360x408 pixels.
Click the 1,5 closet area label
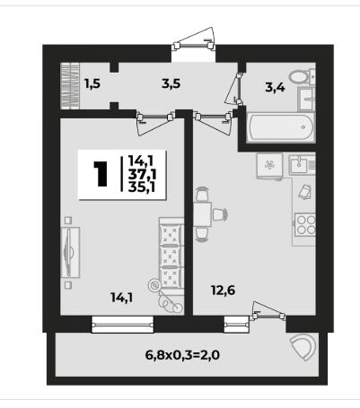click(x=92, y=84)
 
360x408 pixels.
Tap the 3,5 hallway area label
click(x=171, y=84)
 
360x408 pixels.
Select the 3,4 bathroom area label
click(x=275, y=88)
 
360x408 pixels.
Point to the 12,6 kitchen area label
click(x=223, y=290)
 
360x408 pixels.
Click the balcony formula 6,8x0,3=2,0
click(x=182, y=355)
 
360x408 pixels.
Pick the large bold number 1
click(x=101, y=174)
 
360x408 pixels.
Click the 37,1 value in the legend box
click(x=142, y=174)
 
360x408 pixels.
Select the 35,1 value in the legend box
click(x=142, y=187)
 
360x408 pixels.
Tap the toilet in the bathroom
click(x=303, y=76)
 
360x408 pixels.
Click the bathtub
click(x=280, y=127)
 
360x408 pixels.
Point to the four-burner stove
click(x=305, y=225)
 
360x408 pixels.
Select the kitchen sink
click(x=302, y=164)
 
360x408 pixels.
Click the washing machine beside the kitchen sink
click(x=269, y=165)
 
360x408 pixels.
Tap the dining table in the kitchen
click(x=203, y=214)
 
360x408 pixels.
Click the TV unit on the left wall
click(x=70, y=253)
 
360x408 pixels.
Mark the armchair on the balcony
click(x=303, y=347)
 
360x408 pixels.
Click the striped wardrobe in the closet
click(x=70, y=86)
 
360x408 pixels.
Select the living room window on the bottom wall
click(x=122, y=325)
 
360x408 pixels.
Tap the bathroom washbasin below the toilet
click(x=306, y=99)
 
